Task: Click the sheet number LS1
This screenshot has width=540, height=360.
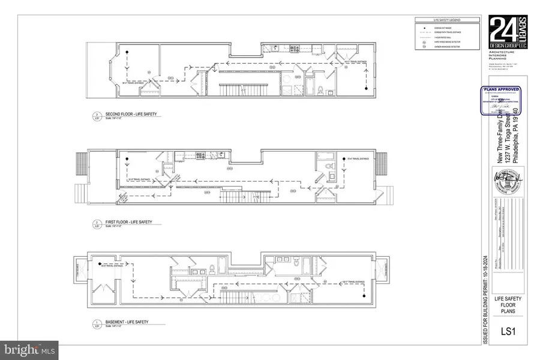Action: coord(500,331)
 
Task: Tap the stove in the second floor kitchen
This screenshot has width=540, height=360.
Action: coord(293,48)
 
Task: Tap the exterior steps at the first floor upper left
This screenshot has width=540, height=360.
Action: coord(82,163)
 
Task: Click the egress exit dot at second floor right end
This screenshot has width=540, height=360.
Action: coord(364,89)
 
